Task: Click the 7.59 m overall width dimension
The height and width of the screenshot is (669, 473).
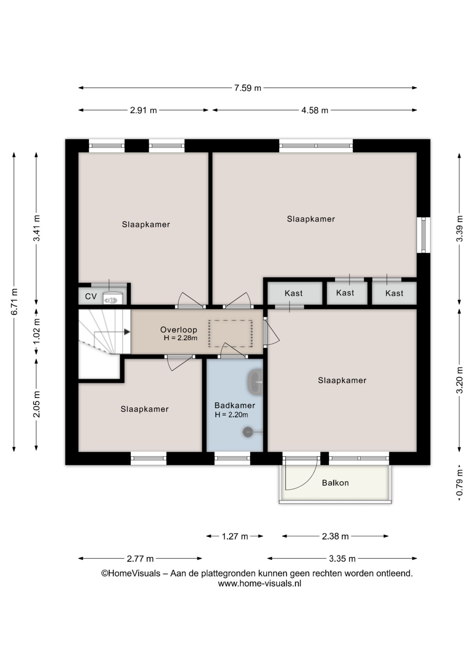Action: click(x=248, y=88)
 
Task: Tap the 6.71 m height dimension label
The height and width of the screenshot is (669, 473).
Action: click(x=14, y=302)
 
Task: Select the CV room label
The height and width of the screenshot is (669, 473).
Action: click(x=91, y=297)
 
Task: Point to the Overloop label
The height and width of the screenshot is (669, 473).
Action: click(x=179, y=330)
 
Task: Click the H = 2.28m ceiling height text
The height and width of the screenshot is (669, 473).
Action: click(x=181, y=338)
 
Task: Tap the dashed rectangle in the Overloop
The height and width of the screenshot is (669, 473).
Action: click(x=231, y=333)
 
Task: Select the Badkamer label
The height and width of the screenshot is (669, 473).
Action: click(x=235, y=405)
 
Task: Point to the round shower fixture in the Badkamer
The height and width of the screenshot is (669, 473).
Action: click(x=248, y=432)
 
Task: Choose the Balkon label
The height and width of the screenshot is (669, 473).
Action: click(x=335, y=483)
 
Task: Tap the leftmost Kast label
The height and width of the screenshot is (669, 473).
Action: click(x=294, y=293)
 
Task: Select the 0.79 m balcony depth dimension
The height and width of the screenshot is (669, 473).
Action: click(x=460, y=483)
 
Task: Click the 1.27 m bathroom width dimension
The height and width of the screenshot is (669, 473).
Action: click(x=235, y=536)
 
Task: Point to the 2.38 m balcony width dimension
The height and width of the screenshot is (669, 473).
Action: click(x=335, y=536)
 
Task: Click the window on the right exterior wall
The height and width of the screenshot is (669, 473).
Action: click(x=424, y=235)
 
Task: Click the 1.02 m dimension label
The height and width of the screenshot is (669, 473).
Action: click(x=37, y=331)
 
